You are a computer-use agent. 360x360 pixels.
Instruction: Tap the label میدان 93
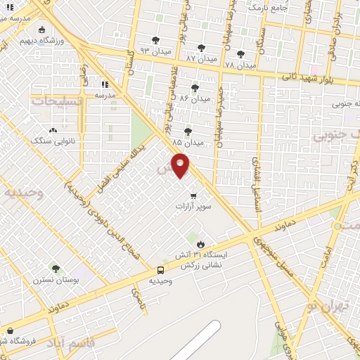155,51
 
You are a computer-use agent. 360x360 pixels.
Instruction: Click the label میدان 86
194,98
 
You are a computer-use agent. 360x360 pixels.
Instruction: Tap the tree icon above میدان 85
188,131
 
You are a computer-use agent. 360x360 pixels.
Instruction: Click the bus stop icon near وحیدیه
161,270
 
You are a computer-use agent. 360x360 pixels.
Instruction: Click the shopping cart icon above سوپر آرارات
193,196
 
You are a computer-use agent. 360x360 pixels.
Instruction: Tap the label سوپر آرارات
193,208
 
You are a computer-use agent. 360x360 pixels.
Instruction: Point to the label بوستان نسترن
56,280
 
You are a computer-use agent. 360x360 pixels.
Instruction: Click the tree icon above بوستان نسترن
56,268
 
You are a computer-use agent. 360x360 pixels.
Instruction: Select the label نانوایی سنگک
53,141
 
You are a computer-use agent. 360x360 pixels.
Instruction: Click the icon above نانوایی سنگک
53,130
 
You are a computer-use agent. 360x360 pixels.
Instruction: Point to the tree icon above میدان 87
202,46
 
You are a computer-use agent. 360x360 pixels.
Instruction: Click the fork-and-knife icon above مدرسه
105,83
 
